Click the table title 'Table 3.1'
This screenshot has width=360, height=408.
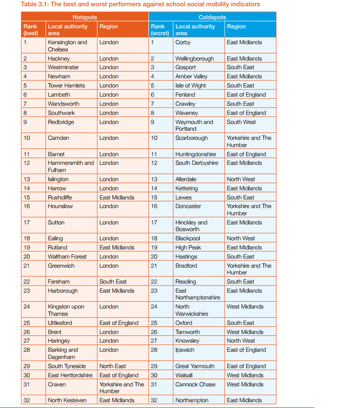[140, 4]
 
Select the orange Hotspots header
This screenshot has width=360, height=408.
[84, 17]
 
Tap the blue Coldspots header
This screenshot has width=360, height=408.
[212, 17]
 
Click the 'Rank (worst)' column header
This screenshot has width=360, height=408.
[160, 30]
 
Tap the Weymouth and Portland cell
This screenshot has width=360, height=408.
[194, 125]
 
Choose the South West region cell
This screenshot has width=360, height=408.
[241, 122]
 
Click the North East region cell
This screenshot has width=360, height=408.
[113, 366]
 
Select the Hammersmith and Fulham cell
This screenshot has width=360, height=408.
[71, 166]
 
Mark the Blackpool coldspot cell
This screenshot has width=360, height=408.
[188, 238]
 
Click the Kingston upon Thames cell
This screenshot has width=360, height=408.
[66, 310]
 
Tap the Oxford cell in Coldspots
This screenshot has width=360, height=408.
[184, 323]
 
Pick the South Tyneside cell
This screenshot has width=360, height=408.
[67, 366]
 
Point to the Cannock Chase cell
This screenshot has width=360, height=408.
[195, 384]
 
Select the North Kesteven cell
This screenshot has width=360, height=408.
[67, 400]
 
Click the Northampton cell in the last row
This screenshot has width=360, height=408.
[192, 400]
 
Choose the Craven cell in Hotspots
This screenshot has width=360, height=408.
[57, 384]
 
